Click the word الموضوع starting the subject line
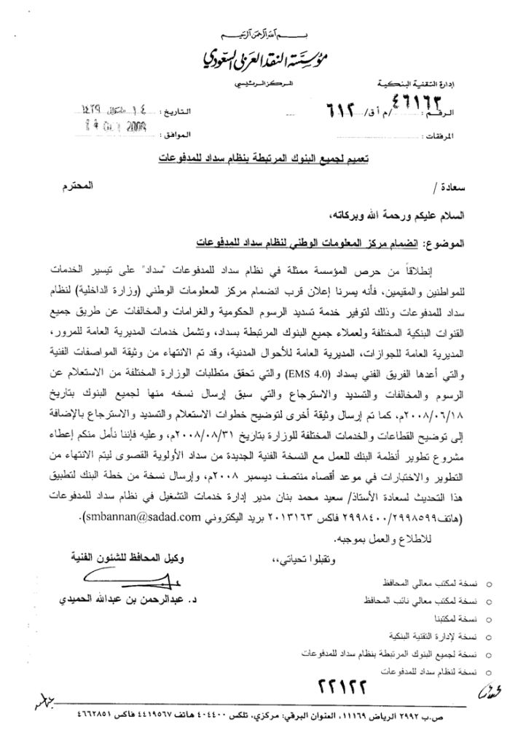[444, 240]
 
